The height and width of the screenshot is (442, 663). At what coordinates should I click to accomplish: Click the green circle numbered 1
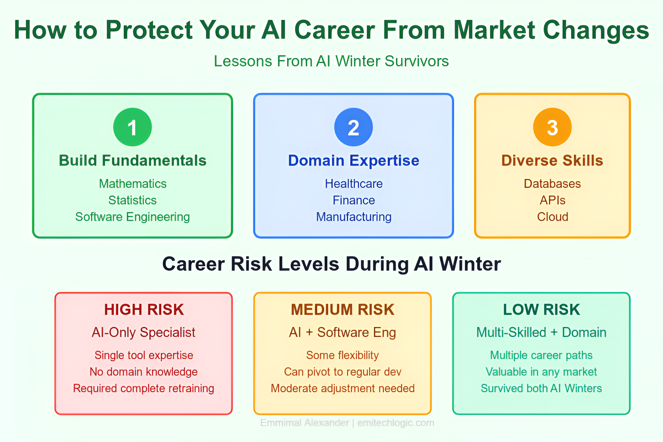(133, 127)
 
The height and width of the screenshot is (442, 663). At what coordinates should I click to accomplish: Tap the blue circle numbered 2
(353, 127)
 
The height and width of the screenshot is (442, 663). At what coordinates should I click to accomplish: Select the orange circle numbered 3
(552, 127)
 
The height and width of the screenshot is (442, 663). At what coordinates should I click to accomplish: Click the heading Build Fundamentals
(133, 161)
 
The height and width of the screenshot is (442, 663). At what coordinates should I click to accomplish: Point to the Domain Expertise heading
(354, 161)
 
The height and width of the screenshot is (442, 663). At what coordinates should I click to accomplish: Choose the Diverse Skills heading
(552, 161)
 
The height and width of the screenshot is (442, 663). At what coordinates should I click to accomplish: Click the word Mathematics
(133, 184)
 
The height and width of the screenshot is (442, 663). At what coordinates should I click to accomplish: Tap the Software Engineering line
(133, 217)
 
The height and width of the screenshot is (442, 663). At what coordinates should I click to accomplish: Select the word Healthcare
(354, 184)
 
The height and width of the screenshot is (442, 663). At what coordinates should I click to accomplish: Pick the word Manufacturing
(354, 217)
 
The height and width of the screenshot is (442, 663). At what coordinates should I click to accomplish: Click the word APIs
(552, 200)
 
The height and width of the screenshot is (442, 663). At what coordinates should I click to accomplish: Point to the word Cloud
(553, 217)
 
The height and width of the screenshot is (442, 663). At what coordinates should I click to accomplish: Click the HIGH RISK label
(144, 309)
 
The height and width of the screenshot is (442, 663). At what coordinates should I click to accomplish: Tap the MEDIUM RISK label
(342, 309)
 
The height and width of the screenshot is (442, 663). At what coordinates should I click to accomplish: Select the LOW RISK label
(541, 309)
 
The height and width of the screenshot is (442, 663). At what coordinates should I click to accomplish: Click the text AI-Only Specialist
(143, 333)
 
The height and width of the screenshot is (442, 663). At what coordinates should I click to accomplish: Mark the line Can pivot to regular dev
(342, 372)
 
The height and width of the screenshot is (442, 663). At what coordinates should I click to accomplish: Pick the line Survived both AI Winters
(541, 388)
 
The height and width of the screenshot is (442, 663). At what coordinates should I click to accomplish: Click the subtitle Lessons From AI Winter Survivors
(331, 61)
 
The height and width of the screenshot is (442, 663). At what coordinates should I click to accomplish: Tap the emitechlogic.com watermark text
(396, 423)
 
